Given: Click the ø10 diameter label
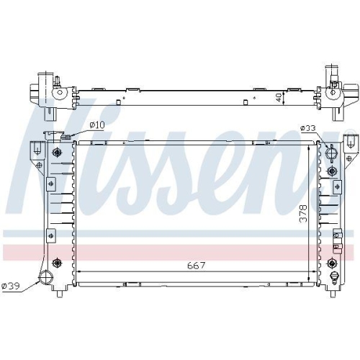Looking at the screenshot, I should pyautogui.click(x=97, y=126).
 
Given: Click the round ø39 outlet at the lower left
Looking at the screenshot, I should pyautogui.click(x=48, y=279).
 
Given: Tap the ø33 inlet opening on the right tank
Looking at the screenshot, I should pyautogui.click(x=330, y=153).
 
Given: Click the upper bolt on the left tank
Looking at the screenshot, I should pyautogui.click(x=57, y=153).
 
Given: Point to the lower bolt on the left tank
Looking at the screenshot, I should pyautogui.click(x=57, y=263).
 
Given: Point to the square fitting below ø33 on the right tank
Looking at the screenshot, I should pyautogui.click(x=332, y=171).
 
